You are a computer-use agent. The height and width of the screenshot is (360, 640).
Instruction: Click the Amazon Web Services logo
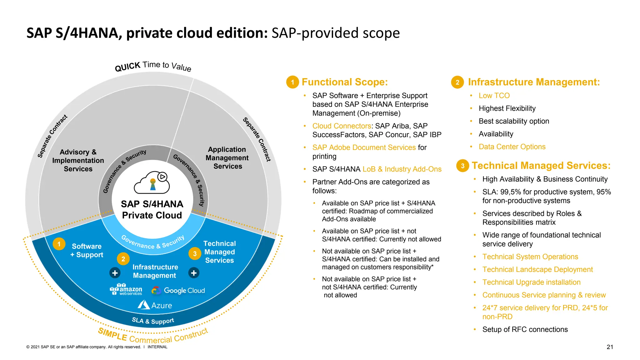(x=126, y=289)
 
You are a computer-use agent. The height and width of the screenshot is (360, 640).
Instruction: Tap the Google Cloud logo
(x=178, y=291)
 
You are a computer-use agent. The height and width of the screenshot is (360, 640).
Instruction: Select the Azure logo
(x=155, y=305)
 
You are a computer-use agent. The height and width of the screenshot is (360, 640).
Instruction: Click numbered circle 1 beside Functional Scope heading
(x=292, y=82)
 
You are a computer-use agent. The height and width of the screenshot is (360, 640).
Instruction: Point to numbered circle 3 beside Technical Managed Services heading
(x=462, y=166)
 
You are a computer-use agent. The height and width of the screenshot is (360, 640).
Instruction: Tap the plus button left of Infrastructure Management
(x=115, y=273)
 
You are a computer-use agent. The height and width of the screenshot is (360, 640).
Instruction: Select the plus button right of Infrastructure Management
(x=194, y=273)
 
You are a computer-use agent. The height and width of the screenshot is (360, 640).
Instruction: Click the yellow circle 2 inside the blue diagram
(x=123, y=259)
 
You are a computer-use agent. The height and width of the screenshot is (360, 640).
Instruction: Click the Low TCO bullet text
(x=494, y=96)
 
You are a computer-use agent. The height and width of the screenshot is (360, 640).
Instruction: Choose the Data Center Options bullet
(x=512, y=147)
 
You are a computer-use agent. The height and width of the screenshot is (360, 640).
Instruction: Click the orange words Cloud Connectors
(x=342, y=126)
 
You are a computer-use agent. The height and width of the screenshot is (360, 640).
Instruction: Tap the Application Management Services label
(x=227, y=158)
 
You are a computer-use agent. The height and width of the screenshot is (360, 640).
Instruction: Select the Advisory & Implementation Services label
(x=78, y=160)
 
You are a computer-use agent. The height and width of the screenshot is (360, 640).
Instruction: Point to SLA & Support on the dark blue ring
(x=153, y=321)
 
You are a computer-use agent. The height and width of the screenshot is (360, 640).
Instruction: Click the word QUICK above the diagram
(x=127, y=67)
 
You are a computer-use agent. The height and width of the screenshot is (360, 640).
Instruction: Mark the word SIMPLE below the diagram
(x=112, y=335)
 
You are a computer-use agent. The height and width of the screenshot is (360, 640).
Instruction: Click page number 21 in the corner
(x=610, y=347)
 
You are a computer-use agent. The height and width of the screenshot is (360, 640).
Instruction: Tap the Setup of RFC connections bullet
(x=525, y=329)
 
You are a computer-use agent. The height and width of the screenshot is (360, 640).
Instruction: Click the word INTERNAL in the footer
(x=157, y=347)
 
